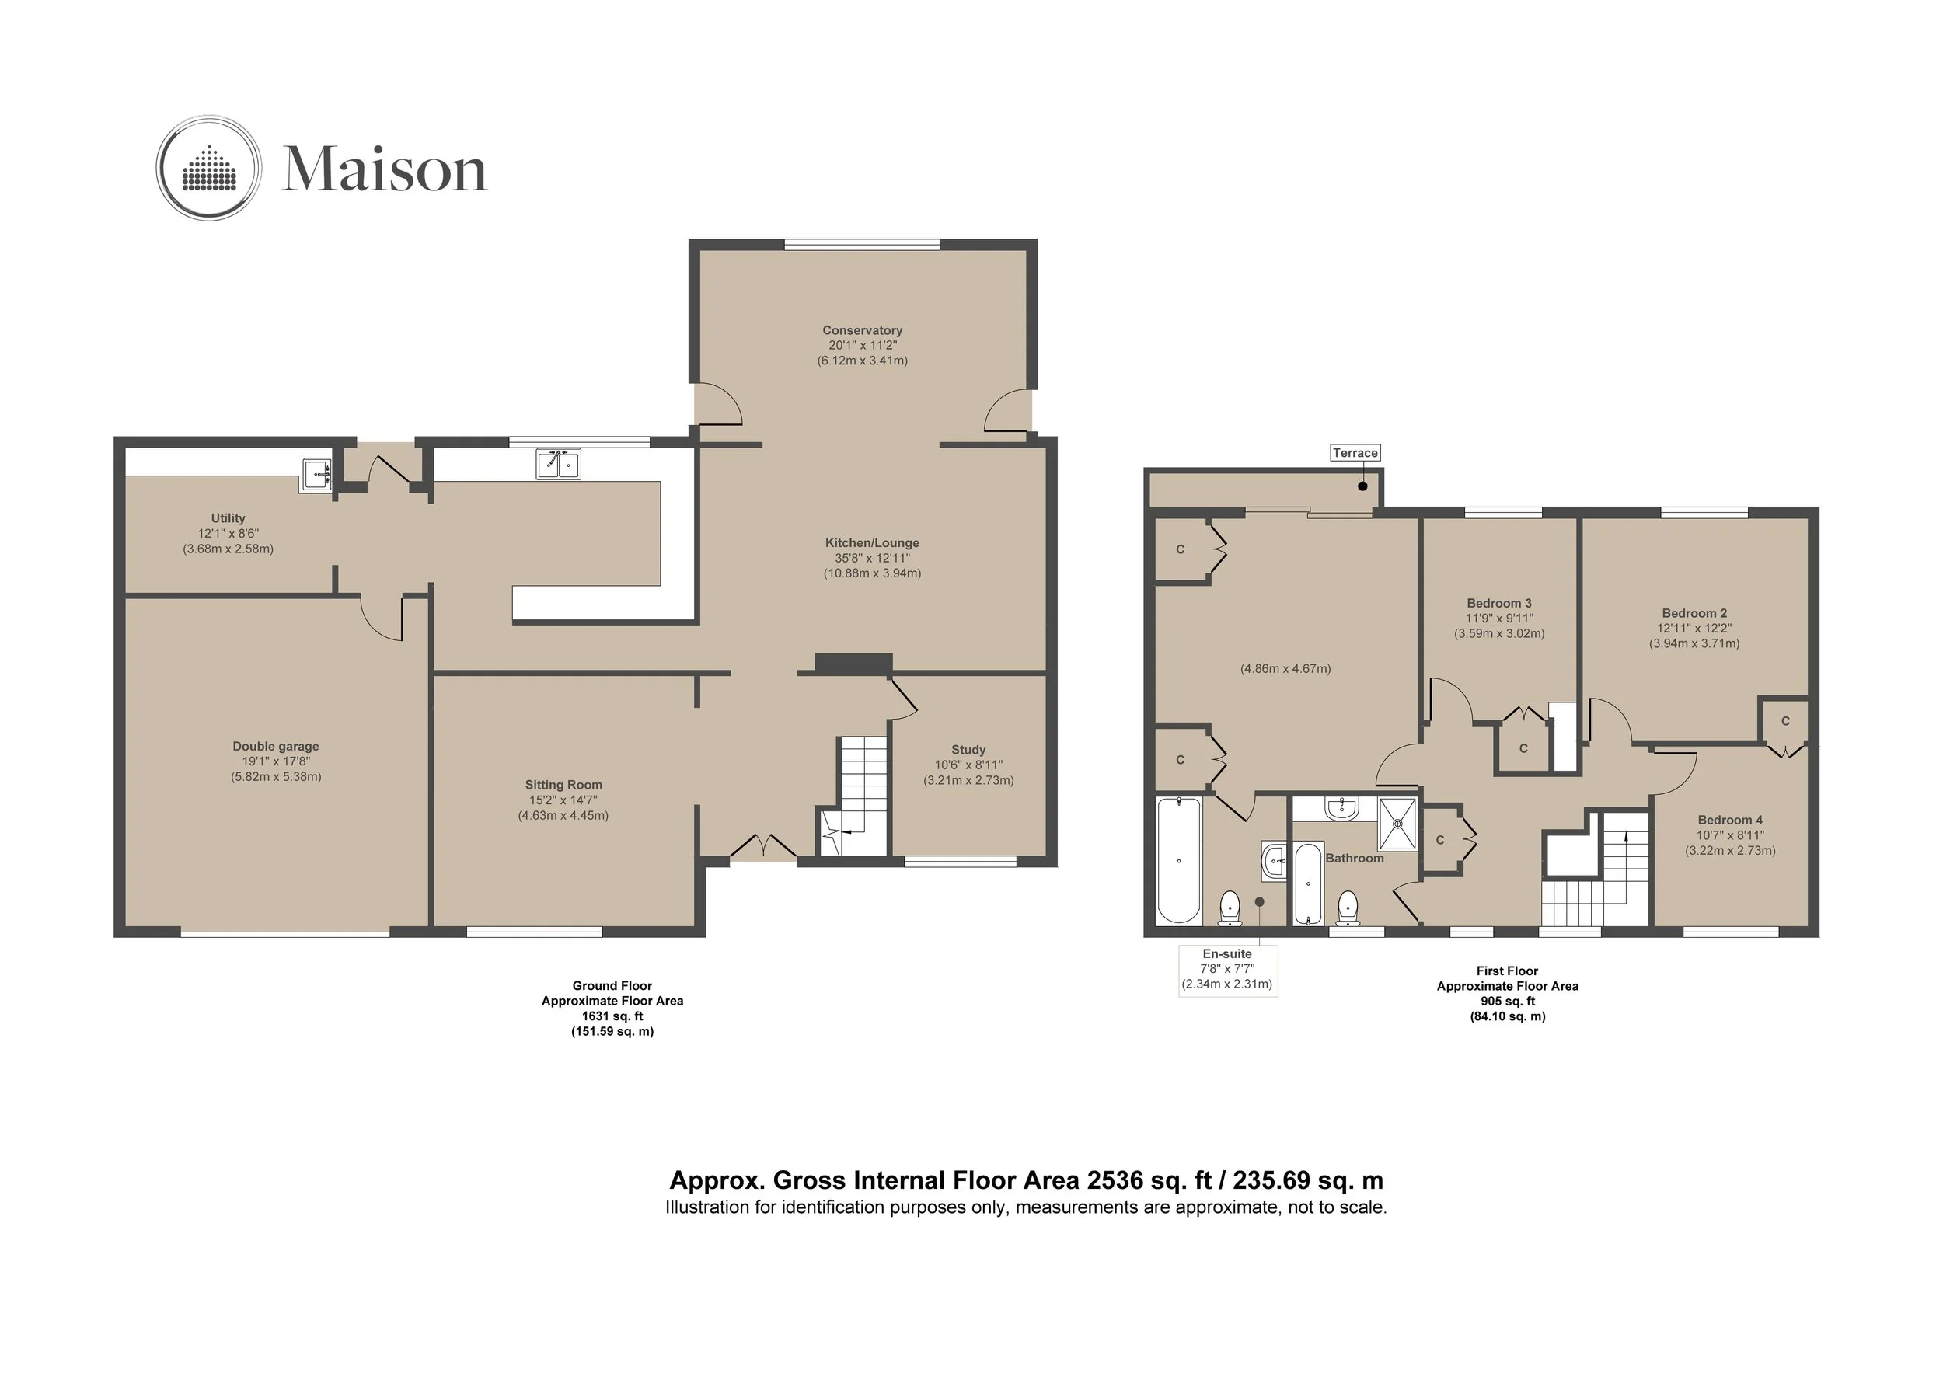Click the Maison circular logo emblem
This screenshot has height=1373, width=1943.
click(x=208, y=168)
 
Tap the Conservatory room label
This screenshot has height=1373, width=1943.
click(x=863, y=330)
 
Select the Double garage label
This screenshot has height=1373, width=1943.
click(x=276, y=746)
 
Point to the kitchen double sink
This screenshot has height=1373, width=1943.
click(x=559, y=465)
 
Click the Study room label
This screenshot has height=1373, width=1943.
click(x=968, y=750)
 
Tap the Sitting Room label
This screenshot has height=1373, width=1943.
click(x=563, y=785)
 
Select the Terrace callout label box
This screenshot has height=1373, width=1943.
click(x=1355, y=452)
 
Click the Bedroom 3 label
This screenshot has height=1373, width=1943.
click(x=1498, y=603)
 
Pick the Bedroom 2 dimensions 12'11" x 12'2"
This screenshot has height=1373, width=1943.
click(x=1694, y=629)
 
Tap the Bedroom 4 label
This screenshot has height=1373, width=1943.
click(x=1730, y=820)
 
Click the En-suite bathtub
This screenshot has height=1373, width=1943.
click(x=1178, y=859)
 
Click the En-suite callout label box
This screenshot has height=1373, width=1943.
click(x=1227, y=970)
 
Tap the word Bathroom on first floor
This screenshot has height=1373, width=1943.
click(x=1354, y=858)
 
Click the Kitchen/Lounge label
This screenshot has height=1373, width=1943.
click(x=872, y=543)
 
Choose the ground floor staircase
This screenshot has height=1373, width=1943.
click(x=853, y=795)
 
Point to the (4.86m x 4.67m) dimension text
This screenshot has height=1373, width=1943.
click(x=1285, y=668)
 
